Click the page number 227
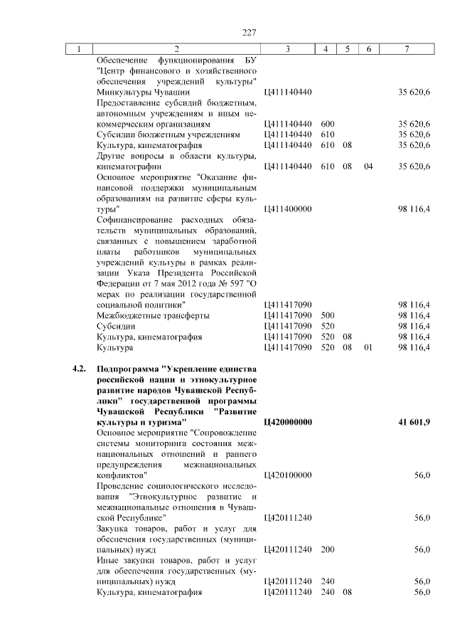tap(249, 33)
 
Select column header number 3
tap(287, 49)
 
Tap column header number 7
tap(406, 49)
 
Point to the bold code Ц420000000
tap(288, 422)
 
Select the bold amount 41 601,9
tap(415, 422)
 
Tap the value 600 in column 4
tap(327, 123)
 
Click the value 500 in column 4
tap(327, 315)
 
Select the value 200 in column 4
tap(327, 549)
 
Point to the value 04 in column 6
tap(368, 167)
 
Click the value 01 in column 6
tap(368, 347)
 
